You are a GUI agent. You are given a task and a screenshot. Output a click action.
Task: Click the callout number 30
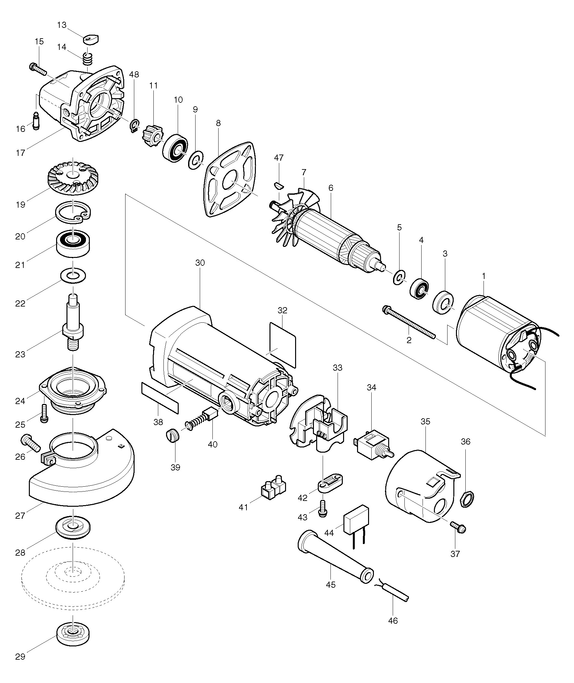tap(200, 263)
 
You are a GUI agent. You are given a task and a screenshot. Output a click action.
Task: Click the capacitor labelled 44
tap(356, 526)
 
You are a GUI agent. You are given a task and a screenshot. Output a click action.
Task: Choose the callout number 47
tap(279, 158)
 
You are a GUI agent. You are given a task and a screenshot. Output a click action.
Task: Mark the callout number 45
tap(330, 585)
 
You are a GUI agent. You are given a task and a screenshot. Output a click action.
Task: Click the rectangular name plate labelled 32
tap(282, 344)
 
